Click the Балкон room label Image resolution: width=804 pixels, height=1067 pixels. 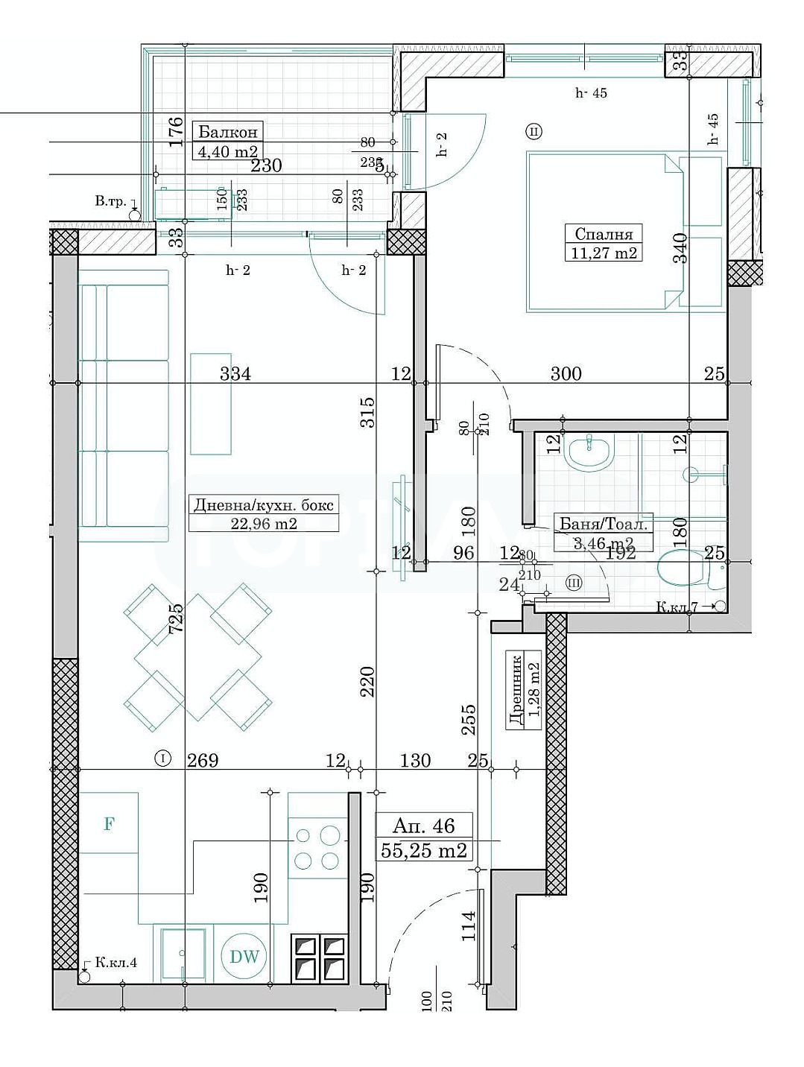tap(228, 133)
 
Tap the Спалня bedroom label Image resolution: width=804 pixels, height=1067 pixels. tap(604, 234)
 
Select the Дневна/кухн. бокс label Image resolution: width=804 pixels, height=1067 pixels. tap(264, 504)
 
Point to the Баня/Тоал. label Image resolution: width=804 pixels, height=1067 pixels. tap(604, 524)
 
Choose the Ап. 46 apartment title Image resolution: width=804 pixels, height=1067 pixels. tap(423, 826)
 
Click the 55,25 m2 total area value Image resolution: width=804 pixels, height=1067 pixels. tap(423, 850)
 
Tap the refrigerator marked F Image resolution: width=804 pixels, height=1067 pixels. tap(109, 823)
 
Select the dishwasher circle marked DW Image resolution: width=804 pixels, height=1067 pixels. tap(244, 957)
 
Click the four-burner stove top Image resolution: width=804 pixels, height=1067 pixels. tap(316, 848)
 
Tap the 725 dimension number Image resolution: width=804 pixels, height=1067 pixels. tap(176, 618)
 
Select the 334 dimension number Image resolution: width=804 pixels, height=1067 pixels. tap(235, 374)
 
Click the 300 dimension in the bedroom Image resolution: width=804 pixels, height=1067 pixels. tap(566, 374)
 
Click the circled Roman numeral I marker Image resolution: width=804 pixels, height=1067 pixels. tap(162, 759)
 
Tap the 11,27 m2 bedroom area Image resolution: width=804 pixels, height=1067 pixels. tap(604, 253)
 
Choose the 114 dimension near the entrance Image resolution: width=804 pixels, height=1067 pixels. tap(468, 926)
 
